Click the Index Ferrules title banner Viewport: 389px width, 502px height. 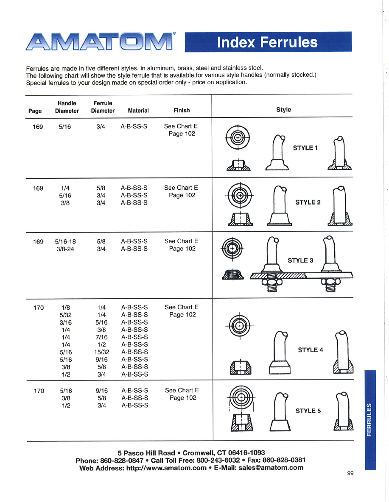click(x=268, y=42)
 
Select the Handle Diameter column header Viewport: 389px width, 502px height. click(x=67, y=107)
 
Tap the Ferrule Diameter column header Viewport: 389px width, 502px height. click(x=103, y=107)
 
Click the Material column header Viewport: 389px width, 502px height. click(x=138, y=111)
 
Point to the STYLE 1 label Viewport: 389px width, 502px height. click(x=306, y=148)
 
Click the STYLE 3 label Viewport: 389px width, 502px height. click(x=300, y=260)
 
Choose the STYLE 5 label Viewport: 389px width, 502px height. click(x=308, y=410)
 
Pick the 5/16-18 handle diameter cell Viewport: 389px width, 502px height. click(x=65, y=241)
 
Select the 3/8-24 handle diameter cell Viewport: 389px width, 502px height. click(x=65, y=249)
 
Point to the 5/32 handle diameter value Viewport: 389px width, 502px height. click(x=65, y=315)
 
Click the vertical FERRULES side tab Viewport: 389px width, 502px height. click(x=370, y=419)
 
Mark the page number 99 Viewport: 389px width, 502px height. click(x=350, y=473)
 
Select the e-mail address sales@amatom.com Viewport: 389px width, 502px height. click(x=271, y=468)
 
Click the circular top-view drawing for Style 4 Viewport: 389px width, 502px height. click(x=240, y=325)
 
